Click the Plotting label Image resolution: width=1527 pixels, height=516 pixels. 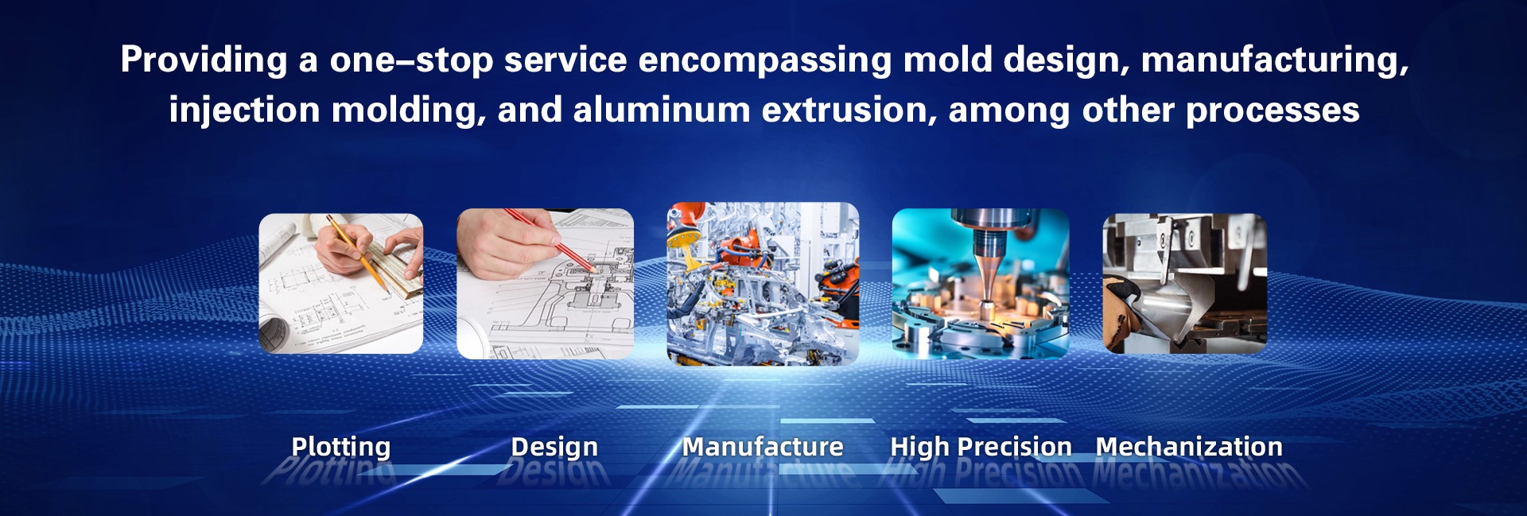pyautogui.click(x=341, y=448)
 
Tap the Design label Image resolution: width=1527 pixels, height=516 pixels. pyautogui.click(x=554, y=448)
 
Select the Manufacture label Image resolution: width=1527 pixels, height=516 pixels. pyautogui.click(x=763, y=447)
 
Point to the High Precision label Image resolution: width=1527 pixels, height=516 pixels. pyautogui.click(x=981, y=448)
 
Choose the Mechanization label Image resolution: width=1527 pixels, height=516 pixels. pyautogui.click(x=1189, y=447)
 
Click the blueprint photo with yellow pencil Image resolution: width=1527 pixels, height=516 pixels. pyautogui.click(x=341, y=284)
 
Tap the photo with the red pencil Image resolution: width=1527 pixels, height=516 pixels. pyautogui.click(x=545, y=284)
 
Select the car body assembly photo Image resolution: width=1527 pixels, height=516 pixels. pyautogui.click(x=763, y=284)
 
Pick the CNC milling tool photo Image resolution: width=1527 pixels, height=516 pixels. pyautogui.click(x=981, y=284)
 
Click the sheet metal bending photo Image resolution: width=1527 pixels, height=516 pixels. pyautogui.click(x=1185, y=284)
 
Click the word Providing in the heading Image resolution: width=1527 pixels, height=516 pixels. pyautogui.click(x=204, y=60)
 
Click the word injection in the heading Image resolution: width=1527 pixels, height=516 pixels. pyautogui.click(x=244, y=111)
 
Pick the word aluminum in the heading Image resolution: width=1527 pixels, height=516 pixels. pyautogui.click(x=662, y=110)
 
